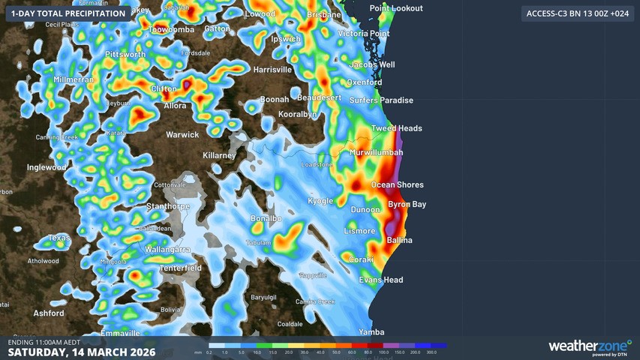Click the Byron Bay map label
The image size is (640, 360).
point(407,204)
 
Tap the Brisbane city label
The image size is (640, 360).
point(324,14)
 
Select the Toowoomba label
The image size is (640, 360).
point(172,29)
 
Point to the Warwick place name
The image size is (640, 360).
point(182,135)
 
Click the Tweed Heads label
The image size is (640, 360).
point(397,128)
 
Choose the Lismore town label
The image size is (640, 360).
point(359,230)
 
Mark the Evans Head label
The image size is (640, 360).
point(381,280)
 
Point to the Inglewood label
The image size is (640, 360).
point(47,167)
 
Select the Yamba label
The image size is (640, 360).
point(371,332)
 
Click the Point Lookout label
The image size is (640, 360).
point(396,7)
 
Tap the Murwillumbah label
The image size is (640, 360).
point(376,152)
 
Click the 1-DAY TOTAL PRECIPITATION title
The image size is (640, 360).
point(68,13)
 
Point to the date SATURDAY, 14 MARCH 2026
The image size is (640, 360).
point(82,352)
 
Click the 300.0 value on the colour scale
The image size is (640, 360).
point(431,352)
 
